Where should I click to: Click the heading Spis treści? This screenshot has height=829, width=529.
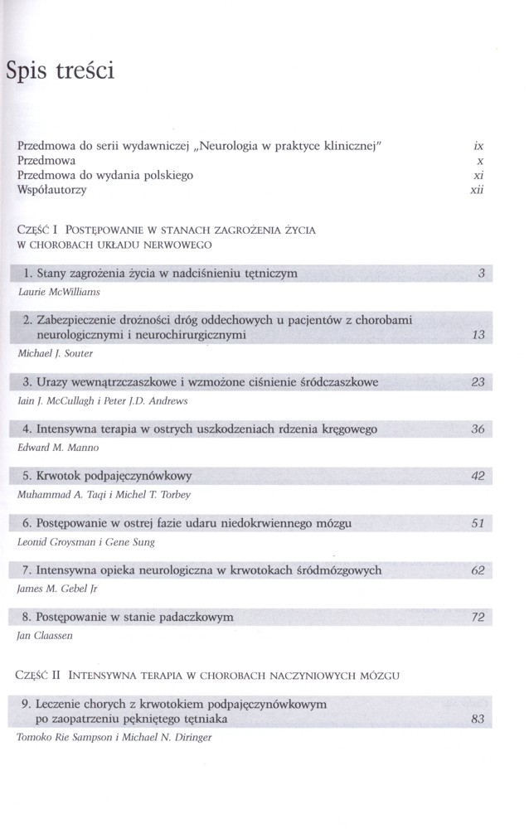pyautogui.click(x=60, y=71)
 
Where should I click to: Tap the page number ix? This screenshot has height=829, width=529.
pyautogui.click(x=478, y=146)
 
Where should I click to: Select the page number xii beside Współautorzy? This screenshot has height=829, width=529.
pyautogui.click(x=476, y=191)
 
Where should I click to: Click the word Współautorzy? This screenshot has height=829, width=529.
pyautogui.click(x=51, y=191)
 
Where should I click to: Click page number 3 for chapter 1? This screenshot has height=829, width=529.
pyautogui.click(x=481, y=274)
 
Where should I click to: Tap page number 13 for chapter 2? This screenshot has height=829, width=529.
pyautogui.click(x=477, y=337)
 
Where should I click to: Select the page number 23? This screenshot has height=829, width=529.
pyautogui.click(x=477, y=382)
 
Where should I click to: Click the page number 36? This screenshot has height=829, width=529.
pyautogui.click(x=477, y=429)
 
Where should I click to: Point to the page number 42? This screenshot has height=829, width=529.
pyautogui.click(x=477, y=477)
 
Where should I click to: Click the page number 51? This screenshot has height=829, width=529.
pyautogui.click(x=477, y=524)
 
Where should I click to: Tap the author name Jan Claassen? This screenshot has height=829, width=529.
pyautogui.click(x=42, y=637)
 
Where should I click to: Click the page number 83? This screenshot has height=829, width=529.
pyautogui.click(x=477, y=720)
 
